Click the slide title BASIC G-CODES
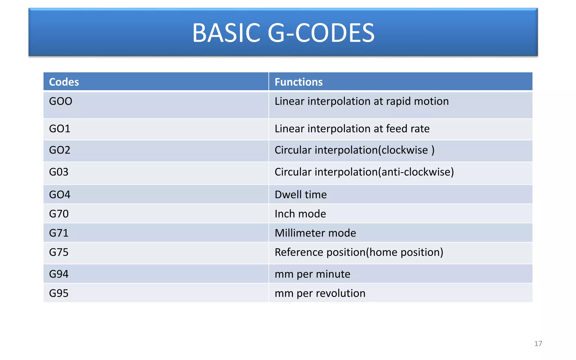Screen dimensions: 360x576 [x=283, y=33]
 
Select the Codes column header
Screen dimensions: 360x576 [x=64, y=82]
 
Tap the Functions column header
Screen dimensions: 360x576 [x=298, y=82]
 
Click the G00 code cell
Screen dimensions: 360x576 [x=61, y=101]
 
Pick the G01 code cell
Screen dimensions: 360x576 [x=60, y=129]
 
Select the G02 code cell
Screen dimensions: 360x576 [x=60, y=150]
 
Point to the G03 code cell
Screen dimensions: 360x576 [x=59, y=172]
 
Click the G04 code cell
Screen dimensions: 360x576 [x=60, y=195]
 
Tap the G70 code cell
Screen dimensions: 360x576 [x=59, y=214]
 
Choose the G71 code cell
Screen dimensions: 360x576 [x=59, y=233]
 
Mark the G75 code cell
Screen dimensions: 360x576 [x=59, y=252]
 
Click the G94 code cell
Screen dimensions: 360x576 [x=59, y=274]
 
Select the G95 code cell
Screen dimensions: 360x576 [x=59, y=293]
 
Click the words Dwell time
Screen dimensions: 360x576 [x=301, y=195]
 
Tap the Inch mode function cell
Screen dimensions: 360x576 [x=300, y=214]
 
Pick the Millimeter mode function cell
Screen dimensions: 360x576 [x=315, y=233]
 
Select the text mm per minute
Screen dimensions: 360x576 [x=312, y=274]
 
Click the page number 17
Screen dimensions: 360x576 [x=538, y=343]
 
